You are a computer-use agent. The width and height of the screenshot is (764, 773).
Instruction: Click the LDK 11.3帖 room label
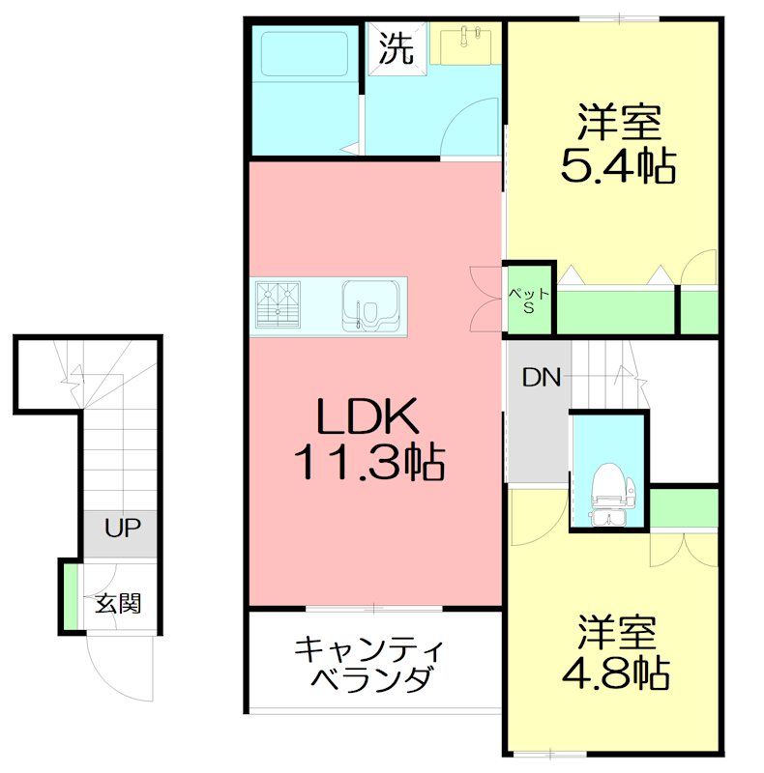click(x=367, y=440)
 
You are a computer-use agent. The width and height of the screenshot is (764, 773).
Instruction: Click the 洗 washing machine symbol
click(x=394, y=47)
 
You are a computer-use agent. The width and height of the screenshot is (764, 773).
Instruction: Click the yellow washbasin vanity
click(x=465, y=44)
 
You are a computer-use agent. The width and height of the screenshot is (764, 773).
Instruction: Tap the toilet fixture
click(x=608, y=488)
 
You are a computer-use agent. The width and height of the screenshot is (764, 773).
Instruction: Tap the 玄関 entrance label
click(x=118, y=604)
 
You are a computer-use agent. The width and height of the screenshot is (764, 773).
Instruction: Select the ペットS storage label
click(x=529, y=301)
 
